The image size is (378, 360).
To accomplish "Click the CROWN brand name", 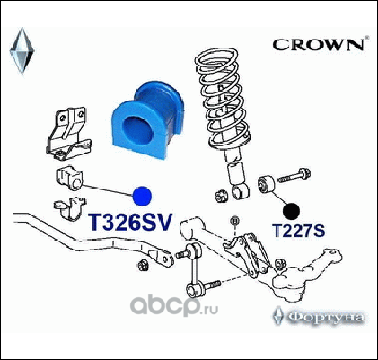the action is (x=318, y=45).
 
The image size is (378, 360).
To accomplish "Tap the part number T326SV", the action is (x=130, y=223).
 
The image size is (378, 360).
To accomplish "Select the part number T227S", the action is (x=298, y=231).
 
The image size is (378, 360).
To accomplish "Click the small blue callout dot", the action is (x=142, y=196).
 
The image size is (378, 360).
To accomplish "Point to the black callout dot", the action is (x=291, y=211).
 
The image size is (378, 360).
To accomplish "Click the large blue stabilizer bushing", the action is (x=148, y=119).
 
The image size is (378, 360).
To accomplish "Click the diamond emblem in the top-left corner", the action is (x=22, y=51).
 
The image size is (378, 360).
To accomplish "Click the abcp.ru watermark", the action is (x=174, y=305).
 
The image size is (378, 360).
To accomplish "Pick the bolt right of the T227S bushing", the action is (x=294, y=176).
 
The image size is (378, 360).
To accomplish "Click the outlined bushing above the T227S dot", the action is (x=266, y=184).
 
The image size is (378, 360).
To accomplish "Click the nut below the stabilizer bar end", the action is (x=143, y=266).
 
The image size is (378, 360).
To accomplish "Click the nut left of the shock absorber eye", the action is (x=222, y=196).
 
